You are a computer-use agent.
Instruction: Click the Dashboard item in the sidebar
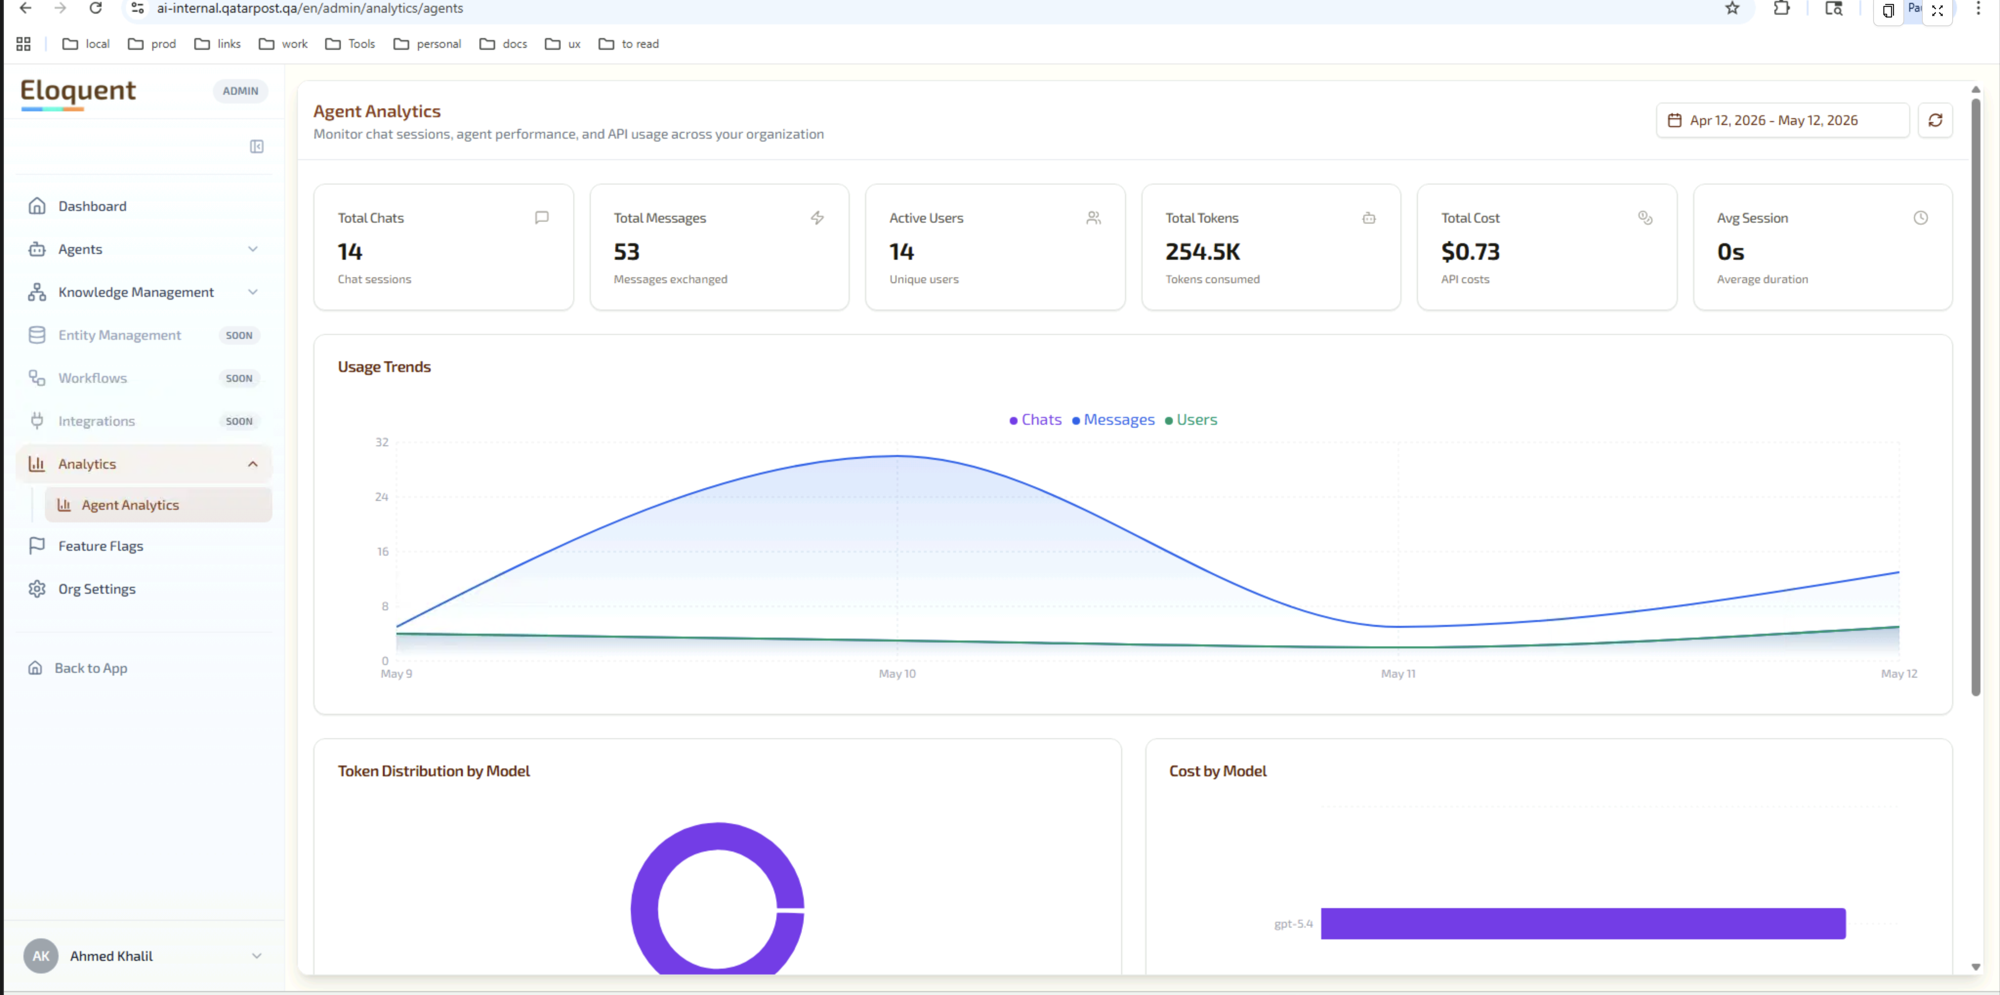(92, 206)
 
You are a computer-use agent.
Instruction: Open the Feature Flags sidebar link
(100, 546)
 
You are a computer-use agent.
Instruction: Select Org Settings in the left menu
(96, 588)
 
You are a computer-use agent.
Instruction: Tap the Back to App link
(90, 667)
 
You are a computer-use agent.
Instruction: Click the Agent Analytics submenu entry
(130, 504)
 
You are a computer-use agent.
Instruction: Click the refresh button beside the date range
(1935, 120)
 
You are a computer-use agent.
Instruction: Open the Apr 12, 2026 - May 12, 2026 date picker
(1783, 120)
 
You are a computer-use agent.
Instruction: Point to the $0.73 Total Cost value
(1470, 251)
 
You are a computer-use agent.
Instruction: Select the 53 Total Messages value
(626, 251)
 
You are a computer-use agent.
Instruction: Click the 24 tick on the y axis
(381, 497)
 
